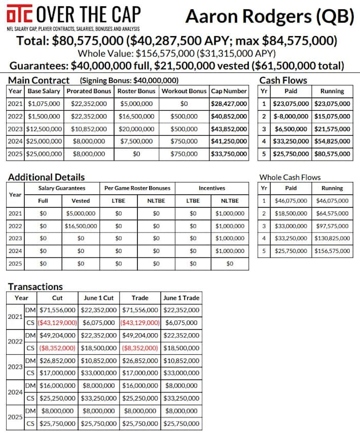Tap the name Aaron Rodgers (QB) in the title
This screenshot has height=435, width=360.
pyautogui.click(x=269, y=17)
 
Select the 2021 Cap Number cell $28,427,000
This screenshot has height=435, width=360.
pyautogui.click(x=229, y=104)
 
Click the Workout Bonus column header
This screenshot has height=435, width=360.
pyautogui.click(x=184, y=91)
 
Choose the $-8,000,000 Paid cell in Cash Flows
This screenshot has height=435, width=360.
pyautogui.click(x=291, y=116)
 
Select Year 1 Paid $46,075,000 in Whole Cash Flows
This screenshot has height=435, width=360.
pyautogui.click(x=291, y=201)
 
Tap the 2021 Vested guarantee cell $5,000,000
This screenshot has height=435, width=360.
pyautogui.click(x=81, y=213)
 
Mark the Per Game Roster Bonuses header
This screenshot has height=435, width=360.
pyautogui.click(x=137, y=188)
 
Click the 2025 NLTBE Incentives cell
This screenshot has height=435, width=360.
pyautogui.click(x=229, y=263)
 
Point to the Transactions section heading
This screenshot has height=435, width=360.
pyautogui.click(x=35, y=286)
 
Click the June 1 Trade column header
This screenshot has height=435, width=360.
pyautogui.click(x=181, y=298)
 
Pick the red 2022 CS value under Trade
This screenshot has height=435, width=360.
pyautogui.click(x=140, y=348)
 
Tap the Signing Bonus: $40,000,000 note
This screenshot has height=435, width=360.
pyautogui.click(x=129, y=81)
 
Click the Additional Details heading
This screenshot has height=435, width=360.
pyautogui.click(x=46, y=177)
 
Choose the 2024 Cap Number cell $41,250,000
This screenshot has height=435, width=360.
pyautogui.click(x=229, y=141)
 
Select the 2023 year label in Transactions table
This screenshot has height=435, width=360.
pyautogui.click(x=14, y=366)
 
